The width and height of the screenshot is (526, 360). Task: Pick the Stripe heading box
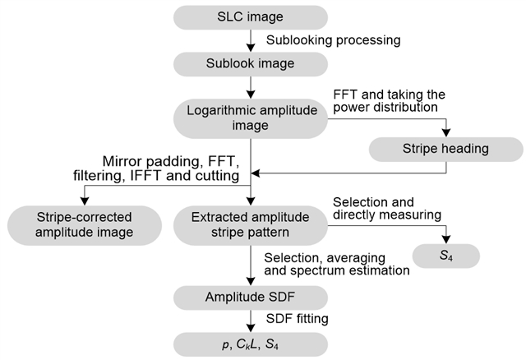(x=445, y=150)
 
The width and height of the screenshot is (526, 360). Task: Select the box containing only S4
(x=445, y=258)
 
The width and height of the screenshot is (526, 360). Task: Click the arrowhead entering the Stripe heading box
(x=445, y=134)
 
